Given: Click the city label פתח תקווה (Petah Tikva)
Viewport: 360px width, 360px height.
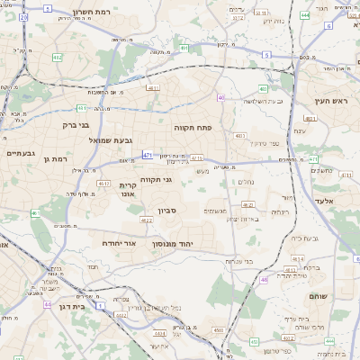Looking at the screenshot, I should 192,129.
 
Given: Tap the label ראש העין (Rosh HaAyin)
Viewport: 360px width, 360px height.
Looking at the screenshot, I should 330,102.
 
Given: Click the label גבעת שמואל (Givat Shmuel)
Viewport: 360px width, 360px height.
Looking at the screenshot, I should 111,139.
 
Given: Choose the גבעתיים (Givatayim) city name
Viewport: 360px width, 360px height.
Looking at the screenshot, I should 21,153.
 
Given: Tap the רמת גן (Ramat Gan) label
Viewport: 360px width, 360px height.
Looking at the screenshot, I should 54,158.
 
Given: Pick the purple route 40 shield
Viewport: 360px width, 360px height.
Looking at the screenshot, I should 220,97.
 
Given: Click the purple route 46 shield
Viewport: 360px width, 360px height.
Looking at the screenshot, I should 264,280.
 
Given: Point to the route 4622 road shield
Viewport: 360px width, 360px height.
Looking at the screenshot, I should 147,220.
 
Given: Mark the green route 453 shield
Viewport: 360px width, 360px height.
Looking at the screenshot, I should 253,342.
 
